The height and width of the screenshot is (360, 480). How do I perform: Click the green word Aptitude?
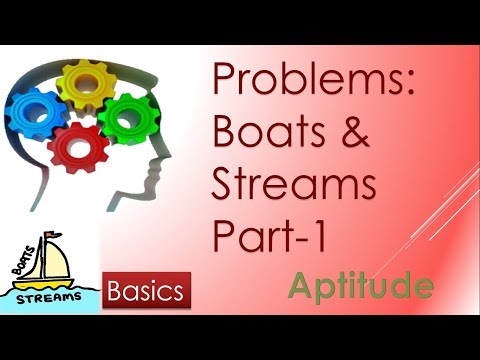point(360,287)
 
